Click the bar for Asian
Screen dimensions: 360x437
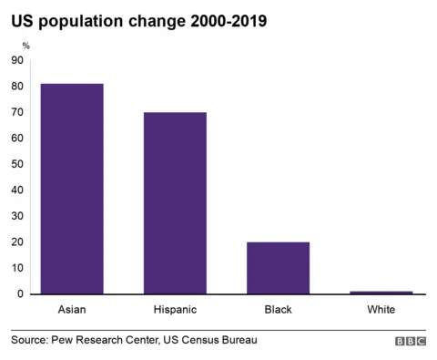pyautogui.click(x=72, y=189)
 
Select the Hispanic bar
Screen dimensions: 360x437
pyautogui.click(x=175, y=203)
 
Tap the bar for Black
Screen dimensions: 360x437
pyautogui.click(x=278, y=268)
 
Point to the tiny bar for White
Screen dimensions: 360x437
pyautogui.click(x=381, y=293)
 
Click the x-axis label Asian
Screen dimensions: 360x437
pyautogui.click(x=72, y=310)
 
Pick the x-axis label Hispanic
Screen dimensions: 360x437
pyautogui.click(x=175, y=310)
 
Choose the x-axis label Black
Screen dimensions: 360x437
pyautogui.click(x=278, y=310)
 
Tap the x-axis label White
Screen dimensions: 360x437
pyautogui.click(x=381, y=310)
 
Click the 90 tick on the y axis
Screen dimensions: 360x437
pyautogui.click(x=17, y=60)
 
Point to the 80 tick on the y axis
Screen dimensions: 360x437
pyautogui.click(x=17, y=87)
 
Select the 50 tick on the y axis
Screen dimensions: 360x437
pyautogui.click(x=17, y=164)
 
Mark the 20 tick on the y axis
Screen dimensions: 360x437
pyautogui.click(x=17, y=242)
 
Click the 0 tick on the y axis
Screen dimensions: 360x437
pyautogui.click(x=20, y=294)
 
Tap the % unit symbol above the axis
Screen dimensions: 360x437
pyautogui.click(x=25, y=45)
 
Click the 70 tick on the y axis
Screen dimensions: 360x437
pyautogui.click(x=17, y=112)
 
